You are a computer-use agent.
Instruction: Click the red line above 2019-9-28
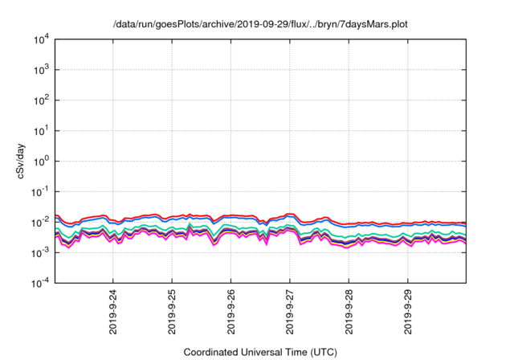(x=349, y=223)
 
